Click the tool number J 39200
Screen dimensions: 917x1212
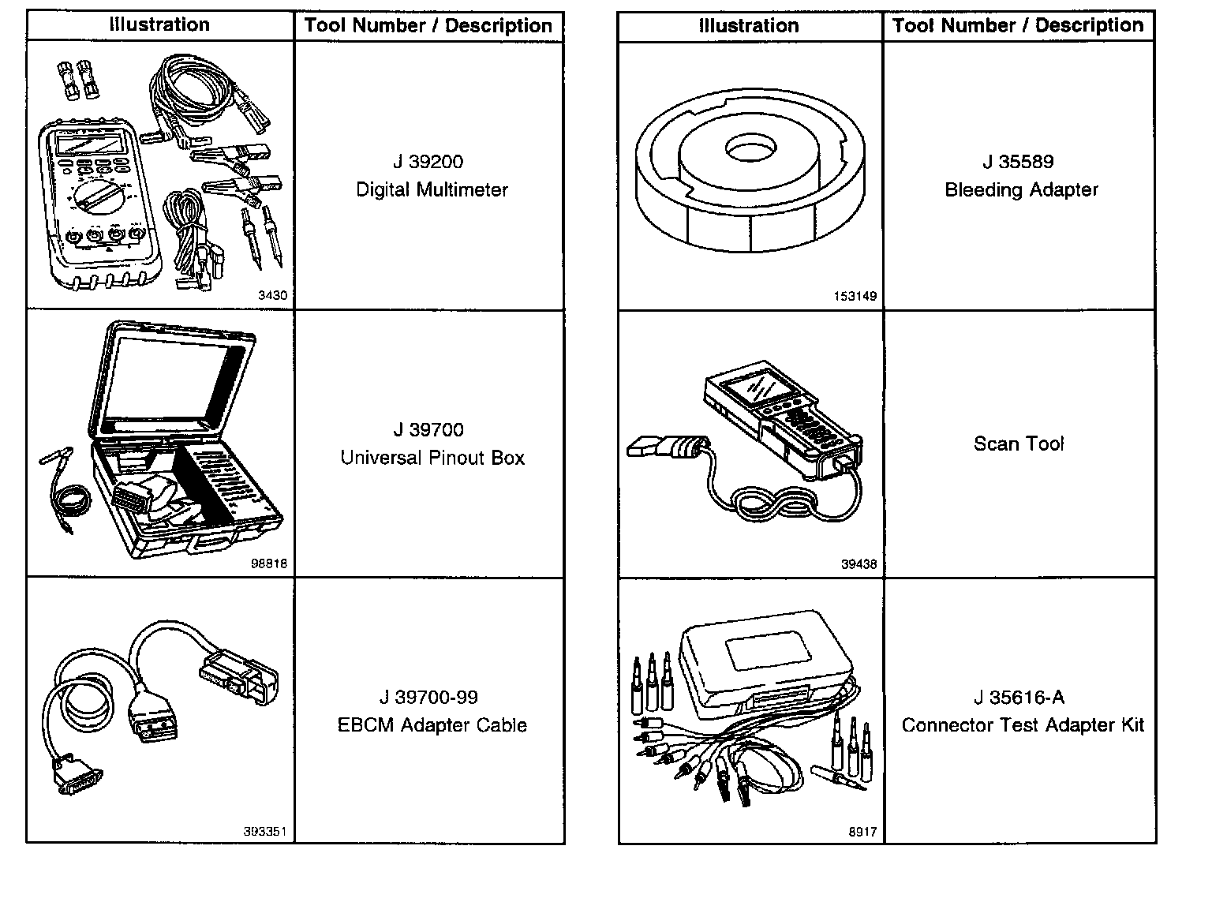[x=428, y=162]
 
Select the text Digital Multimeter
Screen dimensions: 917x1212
[x=432, y=189]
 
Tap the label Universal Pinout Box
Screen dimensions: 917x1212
[x=432, y=458]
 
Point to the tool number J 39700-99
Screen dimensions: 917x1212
[x=428, y=698]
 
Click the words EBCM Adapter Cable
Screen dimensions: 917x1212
[x=432, y=725]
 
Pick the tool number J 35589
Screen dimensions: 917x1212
[x=1018, y=162]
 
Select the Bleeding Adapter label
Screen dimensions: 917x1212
[x=1021, y=189]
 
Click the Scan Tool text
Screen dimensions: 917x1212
[x=1018, y=444]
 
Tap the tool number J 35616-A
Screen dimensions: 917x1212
[x=1018, y=698]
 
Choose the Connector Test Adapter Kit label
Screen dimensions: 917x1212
[x=1022, y=725]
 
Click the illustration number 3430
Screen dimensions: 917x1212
[x=272, y=296]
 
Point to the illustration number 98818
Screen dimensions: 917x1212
[x=268, y=564]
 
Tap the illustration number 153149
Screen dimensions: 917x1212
[x=855, y=297]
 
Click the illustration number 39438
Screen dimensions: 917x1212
[x=858, y=564]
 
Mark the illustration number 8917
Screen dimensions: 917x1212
[x=862, y=832]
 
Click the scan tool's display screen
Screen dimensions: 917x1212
[x=750, y=391]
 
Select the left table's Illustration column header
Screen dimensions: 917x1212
[x=159, y=25]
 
